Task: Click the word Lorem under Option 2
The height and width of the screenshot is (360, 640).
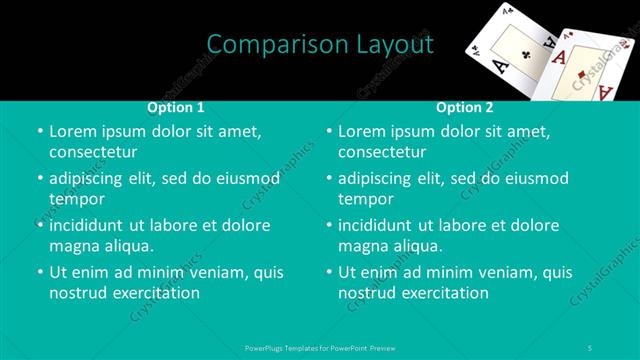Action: coord(361,132)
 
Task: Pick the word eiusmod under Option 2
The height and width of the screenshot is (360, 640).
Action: coord(535,179)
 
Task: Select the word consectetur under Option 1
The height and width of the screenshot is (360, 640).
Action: coord(93,152)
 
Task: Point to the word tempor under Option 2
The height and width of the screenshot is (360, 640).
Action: coord(366,199)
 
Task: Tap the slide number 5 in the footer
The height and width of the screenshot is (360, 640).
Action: coord(592,348)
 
